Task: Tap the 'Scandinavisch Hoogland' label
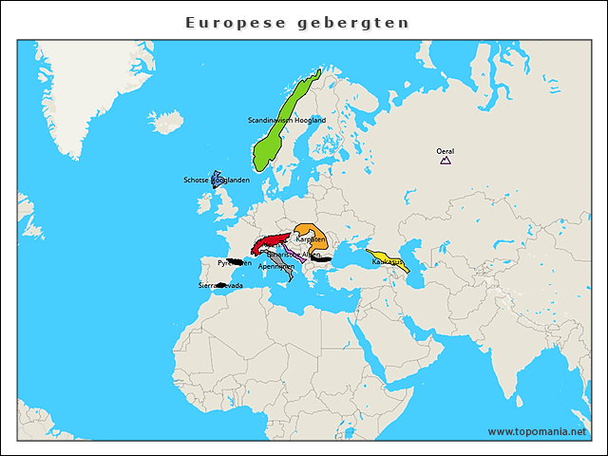(x=286, y=121)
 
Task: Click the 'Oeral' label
(x=445, y=151)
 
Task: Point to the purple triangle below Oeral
(x=445, y=161)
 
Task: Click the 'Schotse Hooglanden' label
(x=217, y=180)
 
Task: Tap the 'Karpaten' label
(x=311, y=239)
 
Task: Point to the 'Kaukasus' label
(x=388, y=260)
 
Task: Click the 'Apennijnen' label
(x=275, y=267)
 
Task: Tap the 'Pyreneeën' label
(x=235, y=262)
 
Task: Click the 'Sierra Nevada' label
(x=219, y=285)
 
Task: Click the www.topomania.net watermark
(x=537, y=431)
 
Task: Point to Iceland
(x=164, y=122)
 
